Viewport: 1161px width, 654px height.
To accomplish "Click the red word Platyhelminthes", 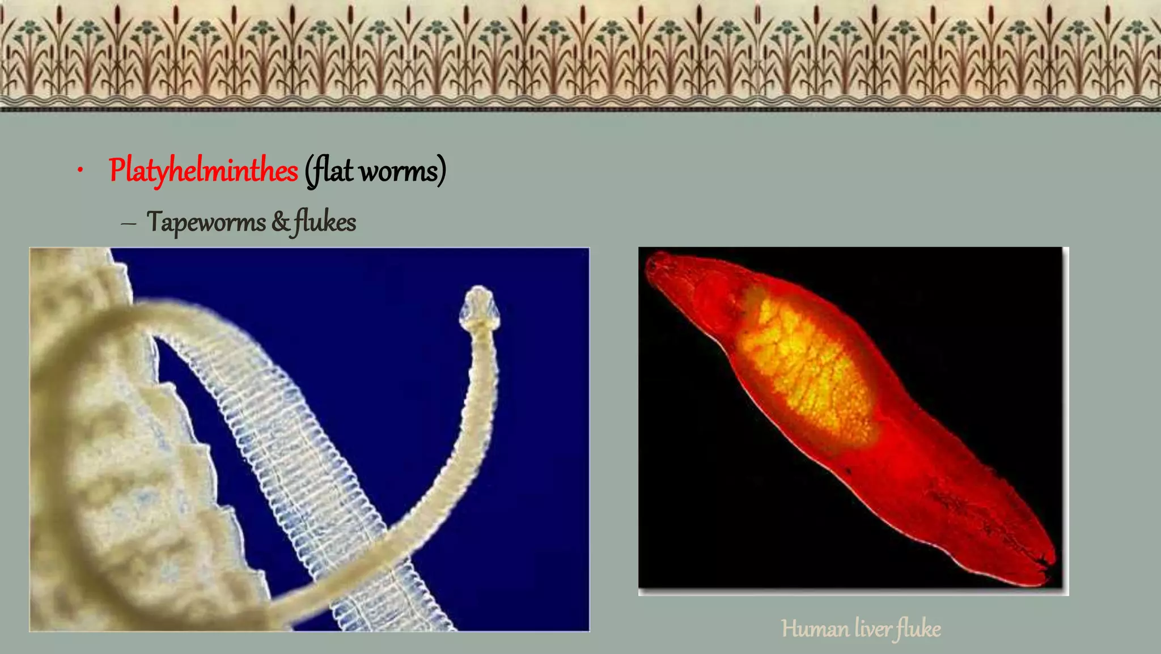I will [x=203, y=170].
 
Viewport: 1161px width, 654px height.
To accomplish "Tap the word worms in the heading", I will [x=399, y=171].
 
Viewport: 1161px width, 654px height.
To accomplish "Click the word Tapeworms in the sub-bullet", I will [x=206, y=222].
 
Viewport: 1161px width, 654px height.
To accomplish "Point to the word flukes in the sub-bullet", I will [x=325, y=222].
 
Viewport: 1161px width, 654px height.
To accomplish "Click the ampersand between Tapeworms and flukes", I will [x=280, y=222].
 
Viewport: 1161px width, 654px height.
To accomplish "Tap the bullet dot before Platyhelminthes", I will [x=81, y=170].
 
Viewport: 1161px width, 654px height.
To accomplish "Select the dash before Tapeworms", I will [x=129, y=224].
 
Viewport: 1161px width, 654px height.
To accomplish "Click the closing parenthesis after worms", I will [x=442, y=171].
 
